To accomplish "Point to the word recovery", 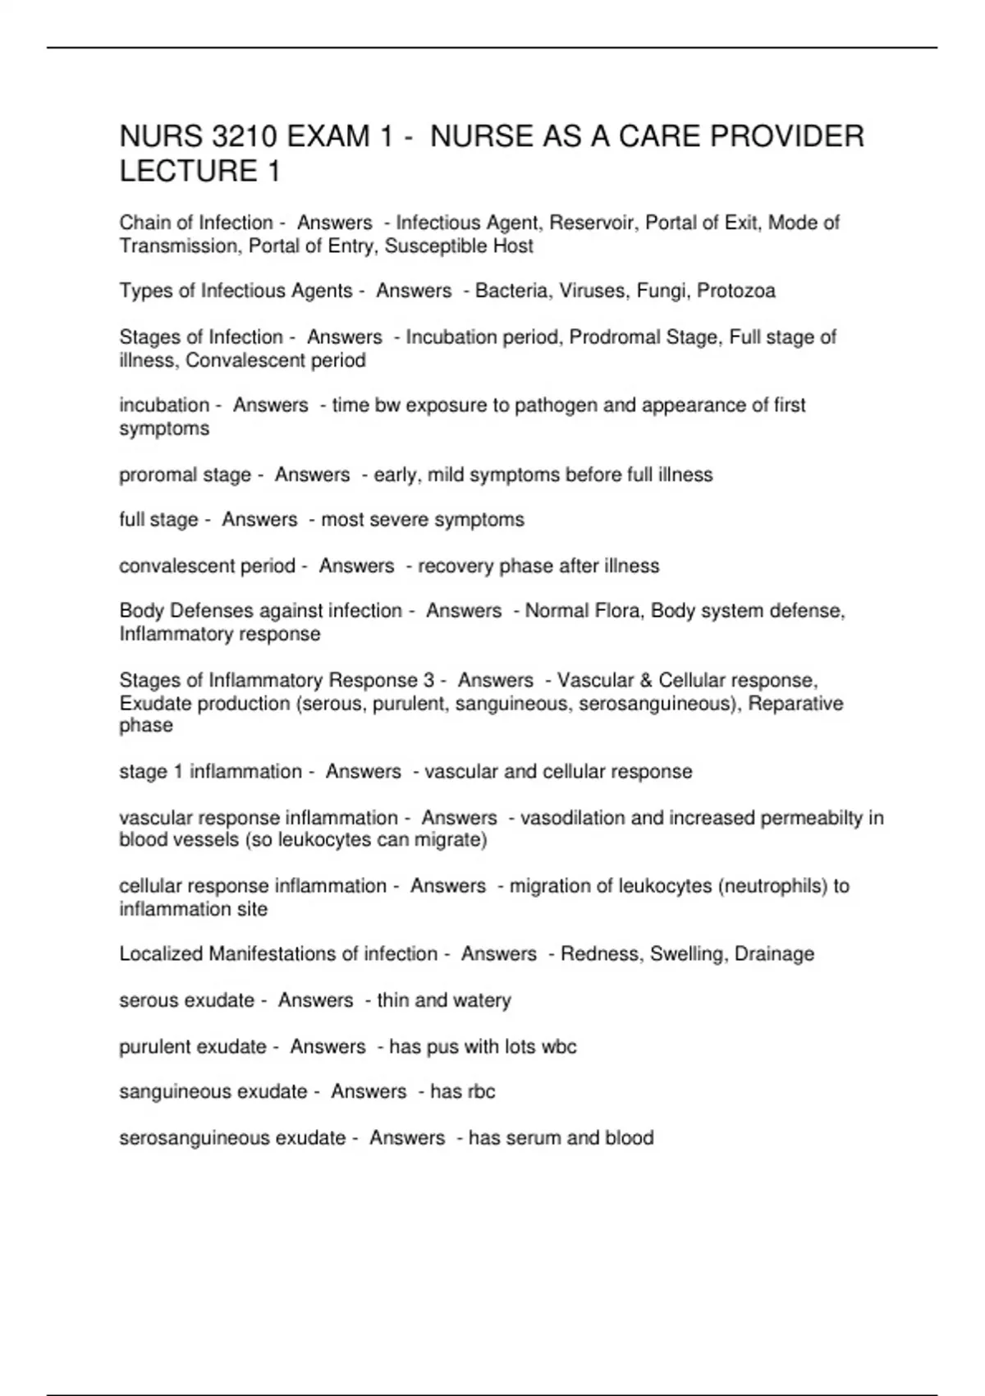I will (455, 567).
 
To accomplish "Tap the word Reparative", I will (795, 704).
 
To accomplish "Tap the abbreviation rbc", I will (481, 1092).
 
